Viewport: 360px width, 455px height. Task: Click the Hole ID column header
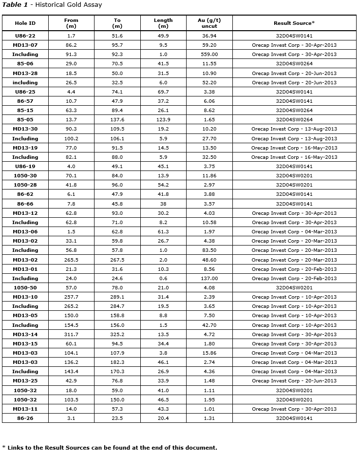(x=25, y=23)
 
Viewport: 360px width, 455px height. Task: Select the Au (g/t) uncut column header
(x=209, y=23)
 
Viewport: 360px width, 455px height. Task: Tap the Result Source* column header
(x=294, y=23)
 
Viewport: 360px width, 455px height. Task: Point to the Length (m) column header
(x=163, y=23)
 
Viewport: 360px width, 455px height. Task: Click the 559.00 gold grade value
(x=209, y=55)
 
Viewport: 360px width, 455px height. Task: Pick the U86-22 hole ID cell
(x=25, y=36)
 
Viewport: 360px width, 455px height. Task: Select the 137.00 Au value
(x=209, y=279)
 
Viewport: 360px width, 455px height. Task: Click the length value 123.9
(x=163, y=120)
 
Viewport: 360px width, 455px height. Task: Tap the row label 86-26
(x=25, y=418)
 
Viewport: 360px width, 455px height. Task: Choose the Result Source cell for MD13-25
(x=294, y=381)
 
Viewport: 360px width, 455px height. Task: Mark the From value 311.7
(x=71, y=335)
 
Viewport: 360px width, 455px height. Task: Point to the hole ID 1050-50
(x=25, y=288)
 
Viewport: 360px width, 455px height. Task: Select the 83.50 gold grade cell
(x=209, y=250)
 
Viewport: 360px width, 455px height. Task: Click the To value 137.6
(x=117, y=120)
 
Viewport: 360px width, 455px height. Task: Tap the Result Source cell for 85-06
(x=294, y=64)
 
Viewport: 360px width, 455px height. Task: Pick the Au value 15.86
(x=209, y=353)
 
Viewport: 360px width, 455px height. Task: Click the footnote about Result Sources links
(x=110, y=448)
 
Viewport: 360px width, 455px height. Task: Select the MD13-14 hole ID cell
(x=25, y=335)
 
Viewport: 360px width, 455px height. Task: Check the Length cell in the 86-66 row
(x=163, y=204)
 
